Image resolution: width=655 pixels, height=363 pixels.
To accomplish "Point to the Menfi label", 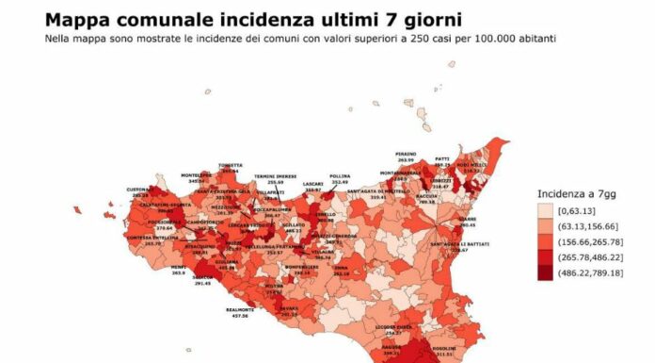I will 177,267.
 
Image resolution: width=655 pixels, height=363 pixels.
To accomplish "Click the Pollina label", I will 341,175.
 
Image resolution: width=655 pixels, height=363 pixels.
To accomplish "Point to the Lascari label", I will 313,185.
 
